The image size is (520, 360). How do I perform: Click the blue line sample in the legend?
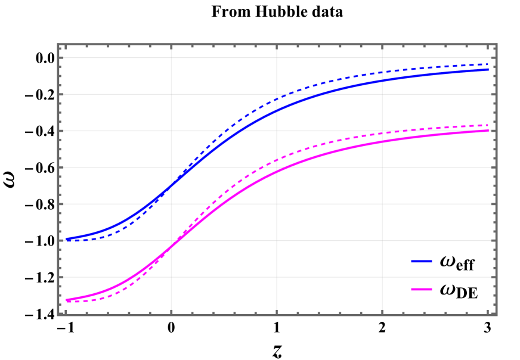tap(422, 262)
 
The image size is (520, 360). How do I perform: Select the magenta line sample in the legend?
tap(422, 290)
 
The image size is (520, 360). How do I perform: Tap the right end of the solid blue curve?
tap(488, 70)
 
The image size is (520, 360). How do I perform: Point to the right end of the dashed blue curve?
tap(488, 64)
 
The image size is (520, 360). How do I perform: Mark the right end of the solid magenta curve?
tap(488, 131)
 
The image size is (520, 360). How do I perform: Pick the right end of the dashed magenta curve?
tap(488, 125)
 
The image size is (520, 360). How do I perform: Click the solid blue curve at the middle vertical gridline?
tap(277, 110)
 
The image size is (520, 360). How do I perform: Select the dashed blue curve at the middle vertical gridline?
tap(277, 99)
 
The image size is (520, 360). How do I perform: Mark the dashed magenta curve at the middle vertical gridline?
tap(277, 160)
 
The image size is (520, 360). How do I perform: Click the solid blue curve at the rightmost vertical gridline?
tap(382, 80)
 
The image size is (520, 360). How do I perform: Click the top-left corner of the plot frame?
tap(58, 45)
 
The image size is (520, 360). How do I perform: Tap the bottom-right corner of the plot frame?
tap(496, 314)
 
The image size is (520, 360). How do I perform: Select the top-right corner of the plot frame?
tap(496, 45)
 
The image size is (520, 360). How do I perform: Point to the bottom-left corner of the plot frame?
tap(58, 314)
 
